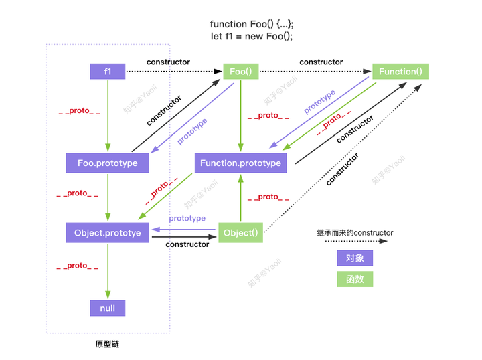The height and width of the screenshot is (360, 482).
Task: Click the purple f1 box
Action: click(x=107, y=71)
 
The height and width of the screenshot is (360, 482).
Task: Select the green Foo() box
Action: click(x=240, y=71)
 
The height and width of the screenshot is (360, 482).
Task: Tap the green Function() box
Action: click(x=400, y=71)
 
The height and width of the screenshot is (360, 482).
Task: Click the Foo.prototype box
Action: click(x=107, y=163)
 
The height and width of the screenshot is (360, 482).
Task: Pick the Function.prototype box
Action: click(x=240, y=163)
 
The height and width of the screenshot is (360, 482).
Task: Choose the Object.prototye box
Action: click(x=107, y=233)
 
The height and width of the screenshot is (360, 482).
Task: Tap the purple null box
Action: click(x=107, y=308)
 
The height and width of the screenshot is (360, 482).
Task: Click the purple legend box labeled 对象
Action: click(x=355, y=258)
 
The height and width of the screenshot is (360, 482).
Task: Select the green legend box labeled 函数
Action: click(x=355, y=280)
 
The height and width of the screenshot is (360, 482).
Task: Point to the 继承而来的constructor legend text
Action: click(x=355, y=233)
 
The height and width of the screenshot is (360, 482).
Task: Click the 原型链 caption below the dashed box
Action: click(x=107, y=345)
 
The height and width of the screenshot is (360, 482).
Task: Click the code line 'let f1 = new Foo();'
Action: click(x=252, y=36)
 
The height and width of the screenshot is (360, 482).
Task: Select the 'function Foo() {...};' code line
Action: click(x=252, y=24)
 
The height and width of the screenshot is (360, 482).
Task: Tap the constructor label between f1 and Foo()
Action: click(x=168, y=62)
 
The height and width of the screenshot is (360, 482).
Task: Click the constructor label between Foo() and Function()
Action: click(x=321, y=62)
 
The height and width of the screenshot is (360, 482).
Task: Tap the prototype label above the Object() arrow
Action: click(x=187, y=219)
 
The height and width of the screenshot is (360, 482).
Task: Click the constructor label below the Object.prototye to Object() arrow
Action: click(x=187, y=244)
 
